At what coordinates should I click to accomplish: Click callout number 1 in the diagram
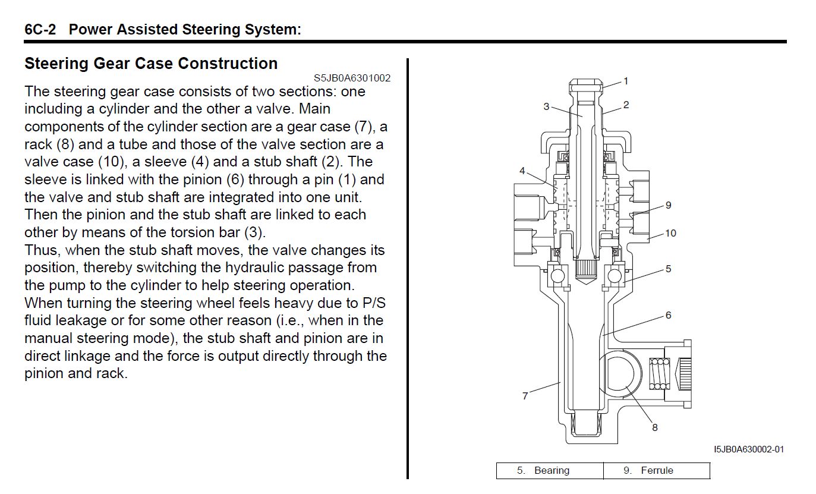(626, 81)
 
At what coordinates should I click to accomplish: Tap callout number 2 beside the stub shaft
(626, 105)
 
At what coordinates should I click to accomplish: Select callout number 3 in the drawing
(546, 106)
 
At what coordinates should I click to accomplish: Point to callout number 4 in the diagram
(522, 171)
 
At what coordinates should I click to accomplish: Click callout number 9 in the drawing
(669, 205)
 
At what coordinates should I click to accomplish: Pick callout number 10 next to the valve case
(670, 233)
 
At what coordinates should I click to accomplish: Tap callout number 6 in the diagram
(669, 315)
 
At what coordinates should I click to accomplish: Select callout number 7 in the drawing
(525, 396)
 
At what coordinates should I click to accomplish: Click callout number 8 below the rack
(655, 427)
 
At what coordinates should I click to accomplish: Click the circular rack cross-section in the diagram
(622, 375)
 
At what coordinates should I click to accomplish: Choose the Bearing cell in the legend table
(550, 471)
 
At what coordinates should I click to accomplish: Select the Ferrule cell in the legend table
(656, 471)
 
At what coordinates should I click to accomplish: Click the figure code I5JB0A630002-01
(749, 449)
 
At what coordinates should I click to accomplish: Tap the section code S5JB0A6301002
(352, 78)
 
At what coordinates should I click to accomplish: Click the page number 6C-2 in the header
(40, 29)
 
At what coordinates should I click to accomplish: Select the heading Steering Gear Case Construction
(151, 64)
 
